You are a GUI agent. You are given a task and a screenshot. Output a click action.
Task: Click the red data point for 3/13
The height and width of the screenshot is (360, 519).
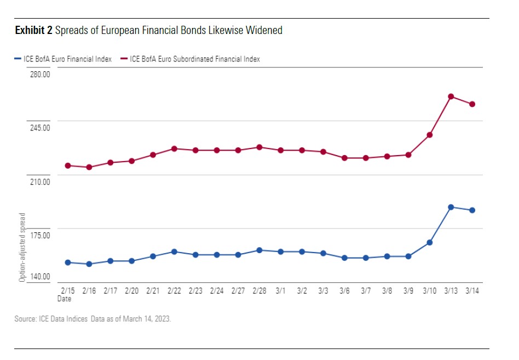point(451,96)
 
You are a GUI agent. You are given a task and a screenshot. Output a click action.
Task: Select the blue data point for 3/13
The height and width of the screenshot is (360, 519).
point(451,207)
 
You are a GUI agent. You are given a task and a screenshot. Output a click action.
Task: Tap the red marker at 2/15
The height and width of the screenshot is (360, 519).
point(68,165)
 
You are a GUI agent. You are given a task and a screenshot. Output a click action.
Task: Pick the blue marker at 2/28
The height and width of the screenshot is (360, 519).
point(259,250)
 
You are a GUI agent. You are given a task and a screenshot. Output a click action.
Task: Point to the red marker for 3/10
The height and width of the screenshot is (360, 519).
point(430,135)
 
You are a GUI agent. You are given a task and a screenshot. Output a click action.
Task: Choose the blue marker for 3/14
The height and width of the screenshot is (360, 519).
point(472,210)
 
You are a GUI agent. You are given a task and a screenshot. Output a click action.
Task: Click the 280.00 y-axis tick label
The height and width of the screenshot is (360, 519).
point(39,74)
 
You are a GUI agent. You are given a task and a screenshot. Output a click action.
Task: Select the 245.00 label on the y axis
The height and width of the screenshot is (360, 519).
point(39,128)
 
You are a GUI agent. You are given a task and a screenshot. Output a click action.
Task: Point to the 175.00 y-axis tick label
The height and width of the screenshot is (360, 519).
point(39,236)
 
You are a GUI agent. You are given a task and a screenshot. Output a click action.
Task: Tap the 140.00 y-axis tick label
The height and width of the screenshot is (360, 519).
point(39,277)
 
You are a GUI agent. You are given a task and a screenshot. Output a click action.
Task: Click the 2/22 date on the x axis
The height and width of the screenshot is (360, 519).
point(174,291)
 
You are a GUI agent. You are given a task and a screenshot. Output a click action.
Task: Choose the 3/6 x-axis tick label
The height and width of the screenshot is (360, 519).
point(344,291)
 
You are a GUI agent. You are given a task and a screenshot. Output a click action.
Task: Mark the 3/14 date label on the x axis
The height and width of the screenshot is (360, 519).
point(472,291)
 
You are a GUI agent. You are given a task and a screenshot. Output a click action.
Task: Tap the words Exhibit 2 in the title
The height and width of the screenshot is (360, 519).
point(34,31)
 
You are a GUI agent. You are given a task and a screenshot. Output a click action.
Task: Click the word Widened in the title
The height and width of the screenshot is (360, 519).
point(264,31)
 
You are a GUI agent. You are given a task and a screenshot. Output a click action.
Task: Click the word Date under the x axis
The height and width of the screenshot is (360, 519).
point(64,299)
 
